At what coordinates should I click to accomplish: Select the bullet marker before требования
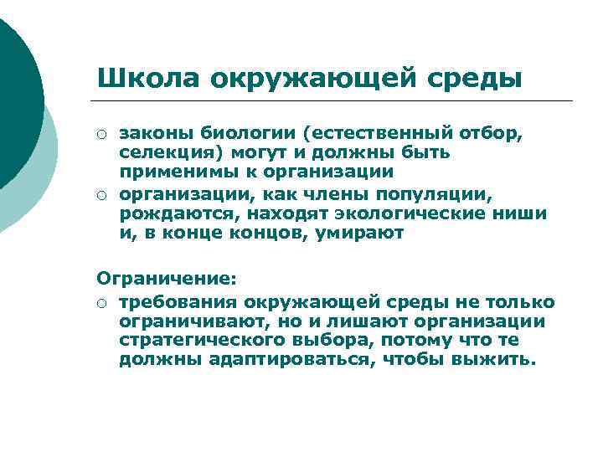[101, 302]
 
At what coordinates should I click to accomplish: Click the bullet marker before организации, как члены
[101, 195]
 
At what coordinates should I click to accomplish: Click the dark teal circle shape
[15, 92]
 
